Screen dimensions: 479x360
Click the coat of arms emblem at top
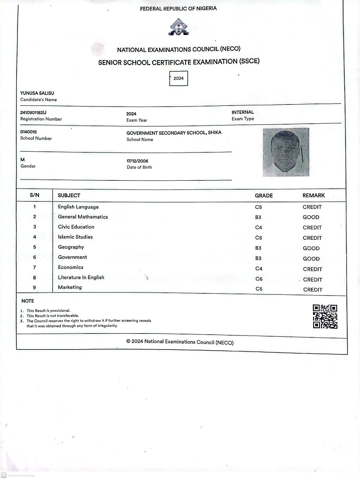pos(179,27)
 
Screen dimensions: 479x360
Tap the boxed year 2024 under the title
pos(179,78)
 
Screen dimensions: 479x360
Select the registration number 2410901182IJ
pos(33,113)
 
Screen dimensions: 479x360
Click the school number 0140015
pos(28,132)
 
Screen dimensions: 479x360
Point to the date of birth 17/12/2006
pos(137,161)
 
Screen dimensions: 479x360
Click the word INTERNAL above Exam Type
pos(243,112)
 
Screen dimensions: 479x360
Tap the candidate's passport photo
pos(286,152)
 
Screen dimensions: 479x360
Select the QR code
pos(325,317)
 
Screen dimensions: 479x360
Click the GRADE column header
pos(264,196)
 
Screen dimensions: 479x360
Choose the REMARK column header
pos(313,195)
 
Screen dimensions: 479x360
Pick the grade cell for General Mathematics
pos(258,217)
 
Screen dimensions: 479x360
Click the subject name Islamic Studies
pos(75,237)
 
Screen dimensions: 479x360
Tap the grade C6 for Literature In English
pos(259,279)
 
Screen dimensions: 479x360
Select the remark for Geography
pos(311,248)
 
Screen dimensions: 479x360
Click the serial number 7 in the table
pos(35,267)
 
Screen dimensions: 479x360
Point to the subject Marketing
pos(70,287)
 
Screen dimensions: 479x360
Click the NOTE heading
pos(28,301)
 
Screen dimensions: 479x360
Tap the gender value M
pos(23,159)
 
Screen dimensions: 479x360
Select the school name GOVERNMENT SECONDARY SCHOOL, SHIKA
pos(174,133)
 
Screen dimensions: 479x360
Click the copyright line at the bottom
pos(180,342)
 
